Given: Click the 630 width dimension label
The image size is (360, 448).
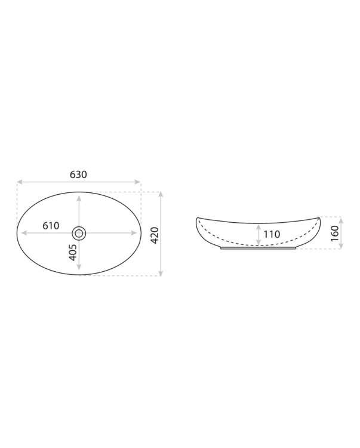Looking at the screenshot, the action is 78,174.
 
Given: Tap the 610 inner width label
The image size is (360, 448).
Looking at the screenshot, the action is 51,226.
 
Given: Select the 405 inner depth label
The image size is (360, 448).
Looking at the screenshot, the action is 73,252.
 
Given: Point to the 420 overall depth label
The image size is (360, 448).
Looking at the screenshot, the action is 155,235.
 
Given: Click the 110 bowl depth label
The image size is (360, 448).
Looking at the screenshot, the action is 272,234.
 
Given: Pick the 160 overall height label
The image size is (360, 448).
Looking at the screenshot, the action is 334,233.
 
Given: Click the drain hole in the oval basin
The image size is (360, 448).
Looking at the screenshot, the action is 79,233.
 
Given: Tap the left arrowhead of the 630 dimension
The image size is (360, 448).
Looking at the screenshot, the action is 20,182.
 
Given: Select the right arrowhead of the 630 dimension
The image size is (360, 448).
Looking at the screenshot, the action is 137,182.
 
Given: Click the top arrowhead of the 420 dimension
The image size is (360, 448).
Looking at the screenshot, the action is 161,195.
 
